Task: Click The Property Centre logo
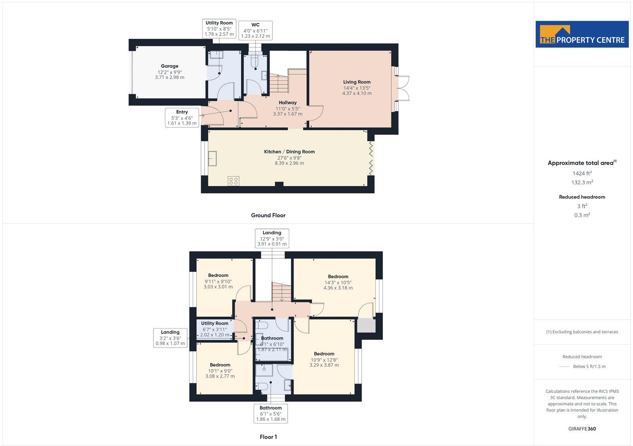pos(582,34)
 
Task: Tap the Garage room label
pos(169,66)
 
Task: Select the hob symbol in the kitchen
pos(233,181)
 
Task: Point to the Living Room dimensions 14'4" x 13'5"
pos(356,88)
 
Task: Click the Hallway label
pos(288,102)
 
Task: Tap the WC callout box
pos(256,30)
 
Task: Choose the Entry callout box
pos(182,117)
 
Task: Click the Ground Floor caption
pos(268,215)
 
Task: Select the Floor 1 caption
pos(268,437)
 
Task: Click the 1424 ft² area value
pos(582,173)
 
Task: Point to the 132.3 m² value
pos(582,182)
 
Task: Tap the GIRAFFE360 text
pos(582,429)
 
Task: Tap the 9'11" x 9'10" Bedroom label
pos(218,275)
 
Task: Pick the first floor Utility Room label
pos(214,323)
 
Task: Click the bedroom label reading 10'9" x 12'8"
pos(324,354)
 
